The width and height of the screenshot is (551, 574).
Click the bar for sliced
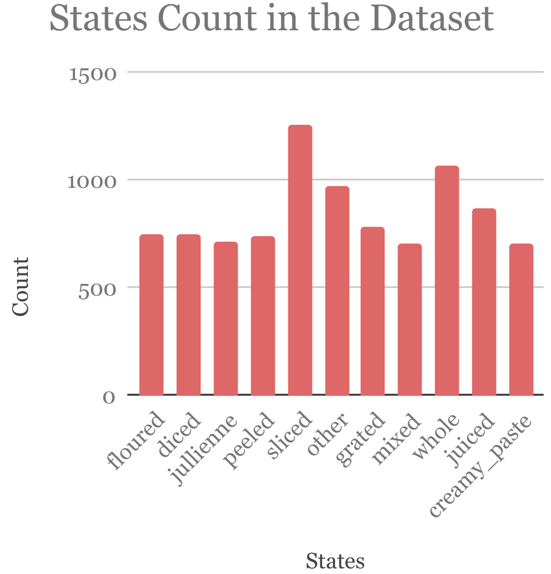click(x=300, y=260)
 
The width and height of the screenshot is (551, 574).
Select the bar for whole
click(x=447, y=281)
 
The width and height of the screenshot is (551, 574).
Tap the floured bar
click(x=151, y=315)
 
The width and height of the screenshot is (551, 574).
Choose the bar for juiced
click(x=484, y=302)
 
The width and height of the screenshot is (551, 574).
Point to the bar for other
click(x=337, y=290)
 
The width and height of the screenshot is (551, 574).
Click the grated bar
click(x=373, y=311)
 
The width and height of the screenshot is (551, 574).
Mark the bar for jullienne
click(x=226, y=318)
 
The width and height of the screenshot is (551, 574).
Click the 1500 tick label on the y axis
click(x=93, y=74)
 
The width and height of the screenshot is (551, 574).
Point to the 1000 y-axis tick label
click(x=92, y=182)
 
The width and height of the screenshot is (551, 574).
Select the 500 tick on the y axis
click(x=97, y=290)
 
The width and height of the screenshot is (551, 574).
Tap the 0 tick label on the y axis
click(x=109, y=397)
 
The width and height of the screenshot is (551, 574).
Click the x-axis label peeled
click(x=250, y=439)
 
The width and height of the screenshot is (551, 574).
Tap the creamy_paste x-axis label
click(x=481, y=465)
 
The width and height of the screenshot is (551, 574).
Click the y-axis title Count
click(x=20, y=287)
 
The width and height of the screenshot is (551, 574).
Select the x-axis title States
click(x=335, y=561)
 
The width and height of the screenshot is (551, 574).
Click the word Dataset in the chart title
click(x=433, y=19)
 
